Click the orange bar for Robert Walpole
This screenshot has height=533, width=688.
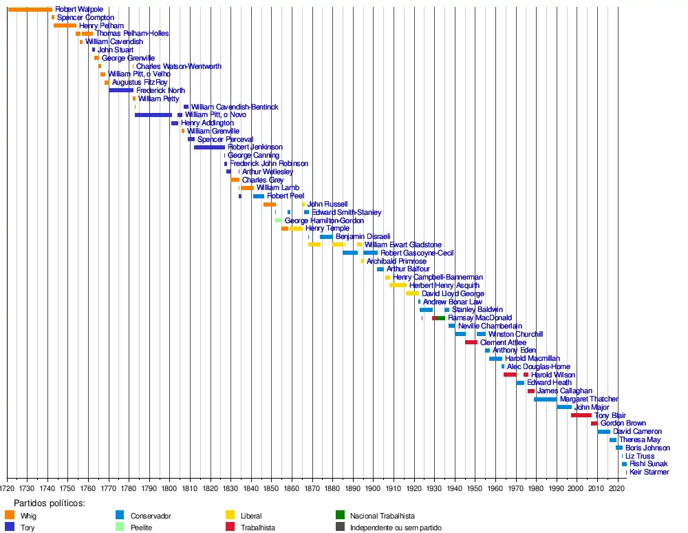pos(30,9)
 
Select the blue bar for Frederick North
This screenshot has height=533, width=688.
pos(121,90)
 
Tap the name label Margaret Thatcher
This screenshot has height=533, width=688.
pos(588,399)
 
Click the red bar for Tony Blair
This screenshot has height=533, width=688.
pos(581,415)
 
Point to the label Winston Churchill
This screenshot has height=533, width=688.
pos(515,334)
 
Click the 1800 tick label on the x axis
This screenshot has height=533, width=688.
pos(169,489)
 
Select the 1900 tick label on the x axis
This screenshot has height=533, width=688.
pos(373,489)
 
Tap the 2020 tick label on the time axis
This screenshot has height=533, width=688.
pos(617,489)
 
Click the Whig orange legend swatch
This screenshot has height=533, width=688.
pos(9,515)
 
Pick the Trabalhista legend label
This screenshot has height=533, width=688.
pos(258,527)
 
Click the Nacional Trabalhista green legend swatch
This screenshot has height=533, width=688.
pos(340,515)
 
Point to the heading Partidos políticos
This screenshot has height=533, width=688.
pos(49,503)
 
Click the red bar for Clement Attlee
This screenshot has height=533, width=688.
pos(471,342)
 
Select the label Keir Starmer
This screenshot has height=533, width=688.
pos(649,472)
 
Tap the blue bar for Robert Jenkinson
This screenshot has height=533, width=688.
pos(209,147)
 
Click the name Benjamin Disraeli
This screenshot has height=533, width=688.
pos(363,237)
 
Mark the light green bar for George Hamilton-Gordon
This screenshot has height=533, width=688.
pos(278,220)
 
